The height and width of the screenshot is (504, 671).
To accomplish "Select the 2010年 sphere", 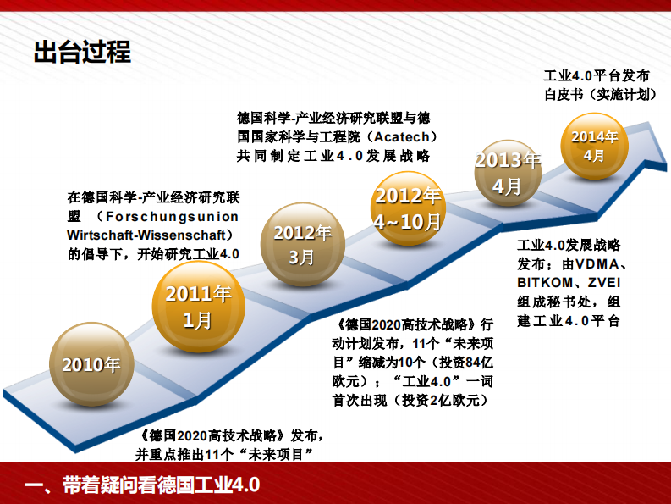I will point(91,366).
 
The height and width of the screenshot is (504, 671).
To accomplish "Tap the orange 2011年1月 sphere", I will point(197,306).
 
